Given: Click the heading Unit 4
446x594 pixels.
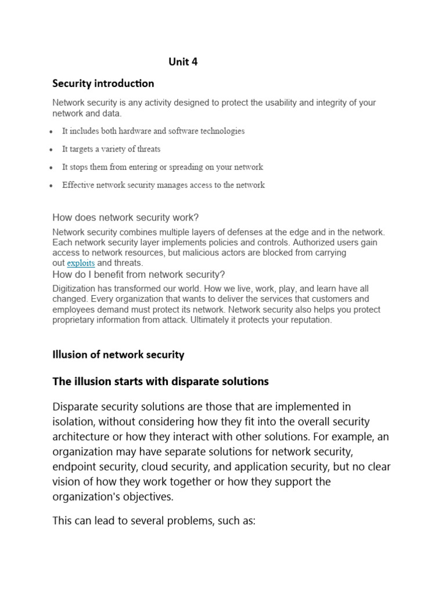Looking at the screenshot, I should coord(183,62).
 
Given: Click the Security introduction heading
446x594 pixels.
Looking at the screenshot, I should coord(103,84).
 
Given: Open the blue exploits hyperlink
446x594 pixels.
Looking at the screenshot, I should coord(81,263).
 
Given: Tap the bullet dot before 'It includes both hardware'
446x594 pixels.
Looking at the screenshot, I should coord(53,132).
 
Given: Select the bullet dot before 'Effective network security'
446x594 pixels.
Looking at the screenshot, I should coord(53,186).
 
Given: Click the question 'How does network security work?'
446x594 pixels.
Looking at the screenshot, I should coord(125,218).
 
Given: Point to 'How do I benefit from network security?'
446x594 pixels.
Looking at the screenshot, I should coord(139,274).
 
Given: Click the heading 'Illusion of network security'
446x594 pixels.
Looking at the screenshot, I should coord(118,354).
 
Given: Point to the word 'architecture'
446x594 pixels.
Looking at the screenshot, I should coord(82,437).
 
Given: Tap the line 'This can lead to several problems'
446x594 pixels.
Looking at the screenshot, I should coord(154,521).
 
